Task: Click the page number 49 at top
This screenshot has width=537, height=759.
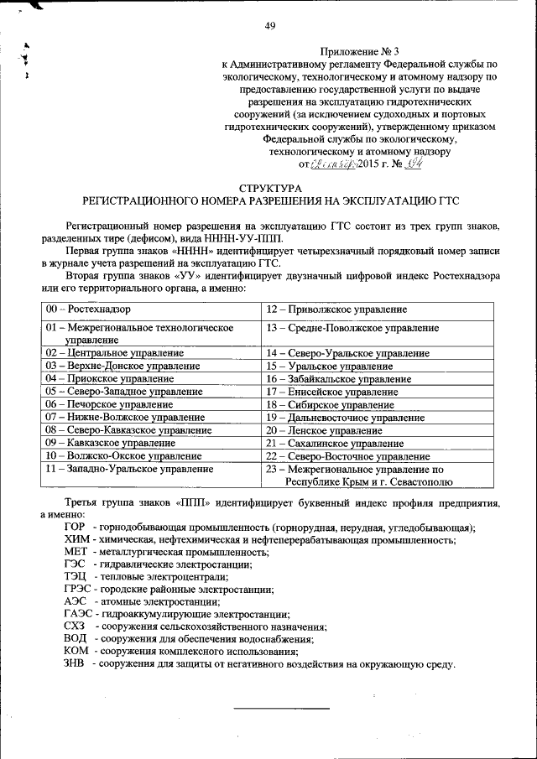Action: (269, 25)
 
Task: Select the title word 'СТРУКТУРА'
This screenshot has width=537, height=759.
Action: (269, 189)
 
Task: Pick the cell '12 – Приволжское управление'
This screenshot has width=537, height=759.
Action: (336, 309)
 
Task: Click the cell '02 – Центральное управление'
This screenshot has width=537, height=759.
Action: (115, 353)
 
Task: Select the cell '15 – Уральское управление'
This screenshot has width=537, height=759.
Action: (329, 367)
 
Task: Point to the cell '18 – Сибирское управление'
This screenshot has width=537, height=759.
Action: (330, 404)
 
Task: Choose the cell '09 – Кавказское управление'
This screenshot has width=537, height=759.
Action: (111, 443)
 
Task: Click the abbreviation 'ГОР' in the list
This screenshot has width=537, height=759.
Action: (75, 527)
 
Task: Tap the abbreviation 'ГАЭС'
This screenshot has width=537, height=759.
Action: (78, 614)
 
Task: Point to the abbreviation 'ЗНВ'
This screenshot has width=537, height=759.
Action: (75, 664)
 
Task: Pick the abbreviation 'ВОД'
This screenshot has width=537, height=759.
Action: (76, 639)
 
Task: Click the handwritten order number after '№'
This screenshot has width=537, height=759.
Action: (411, 165)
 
